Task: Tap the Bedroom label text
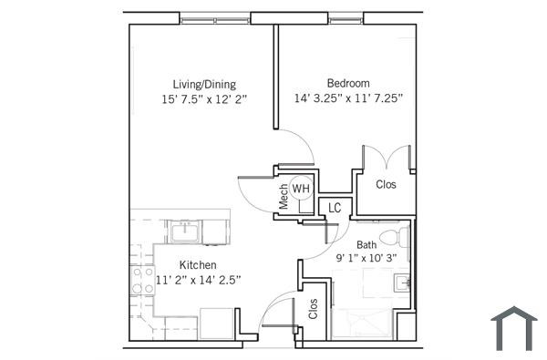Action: tap(348, 83)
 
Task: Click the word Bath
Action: tap(366, 244)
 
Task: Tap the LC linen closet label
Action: tap(335, 208)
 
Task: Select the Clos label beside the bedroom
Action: tap(387, 183)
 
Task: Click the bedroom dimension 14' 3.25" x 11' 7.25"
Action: tap(348, 98)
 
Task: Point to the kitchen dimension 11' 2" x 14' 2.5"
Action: tap(198, 280)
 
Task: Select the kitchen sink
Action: tap(185, 231)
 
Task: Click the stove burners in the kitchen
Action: tap(141, 280)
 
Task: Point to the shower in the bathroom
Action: tap(360, 324)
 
